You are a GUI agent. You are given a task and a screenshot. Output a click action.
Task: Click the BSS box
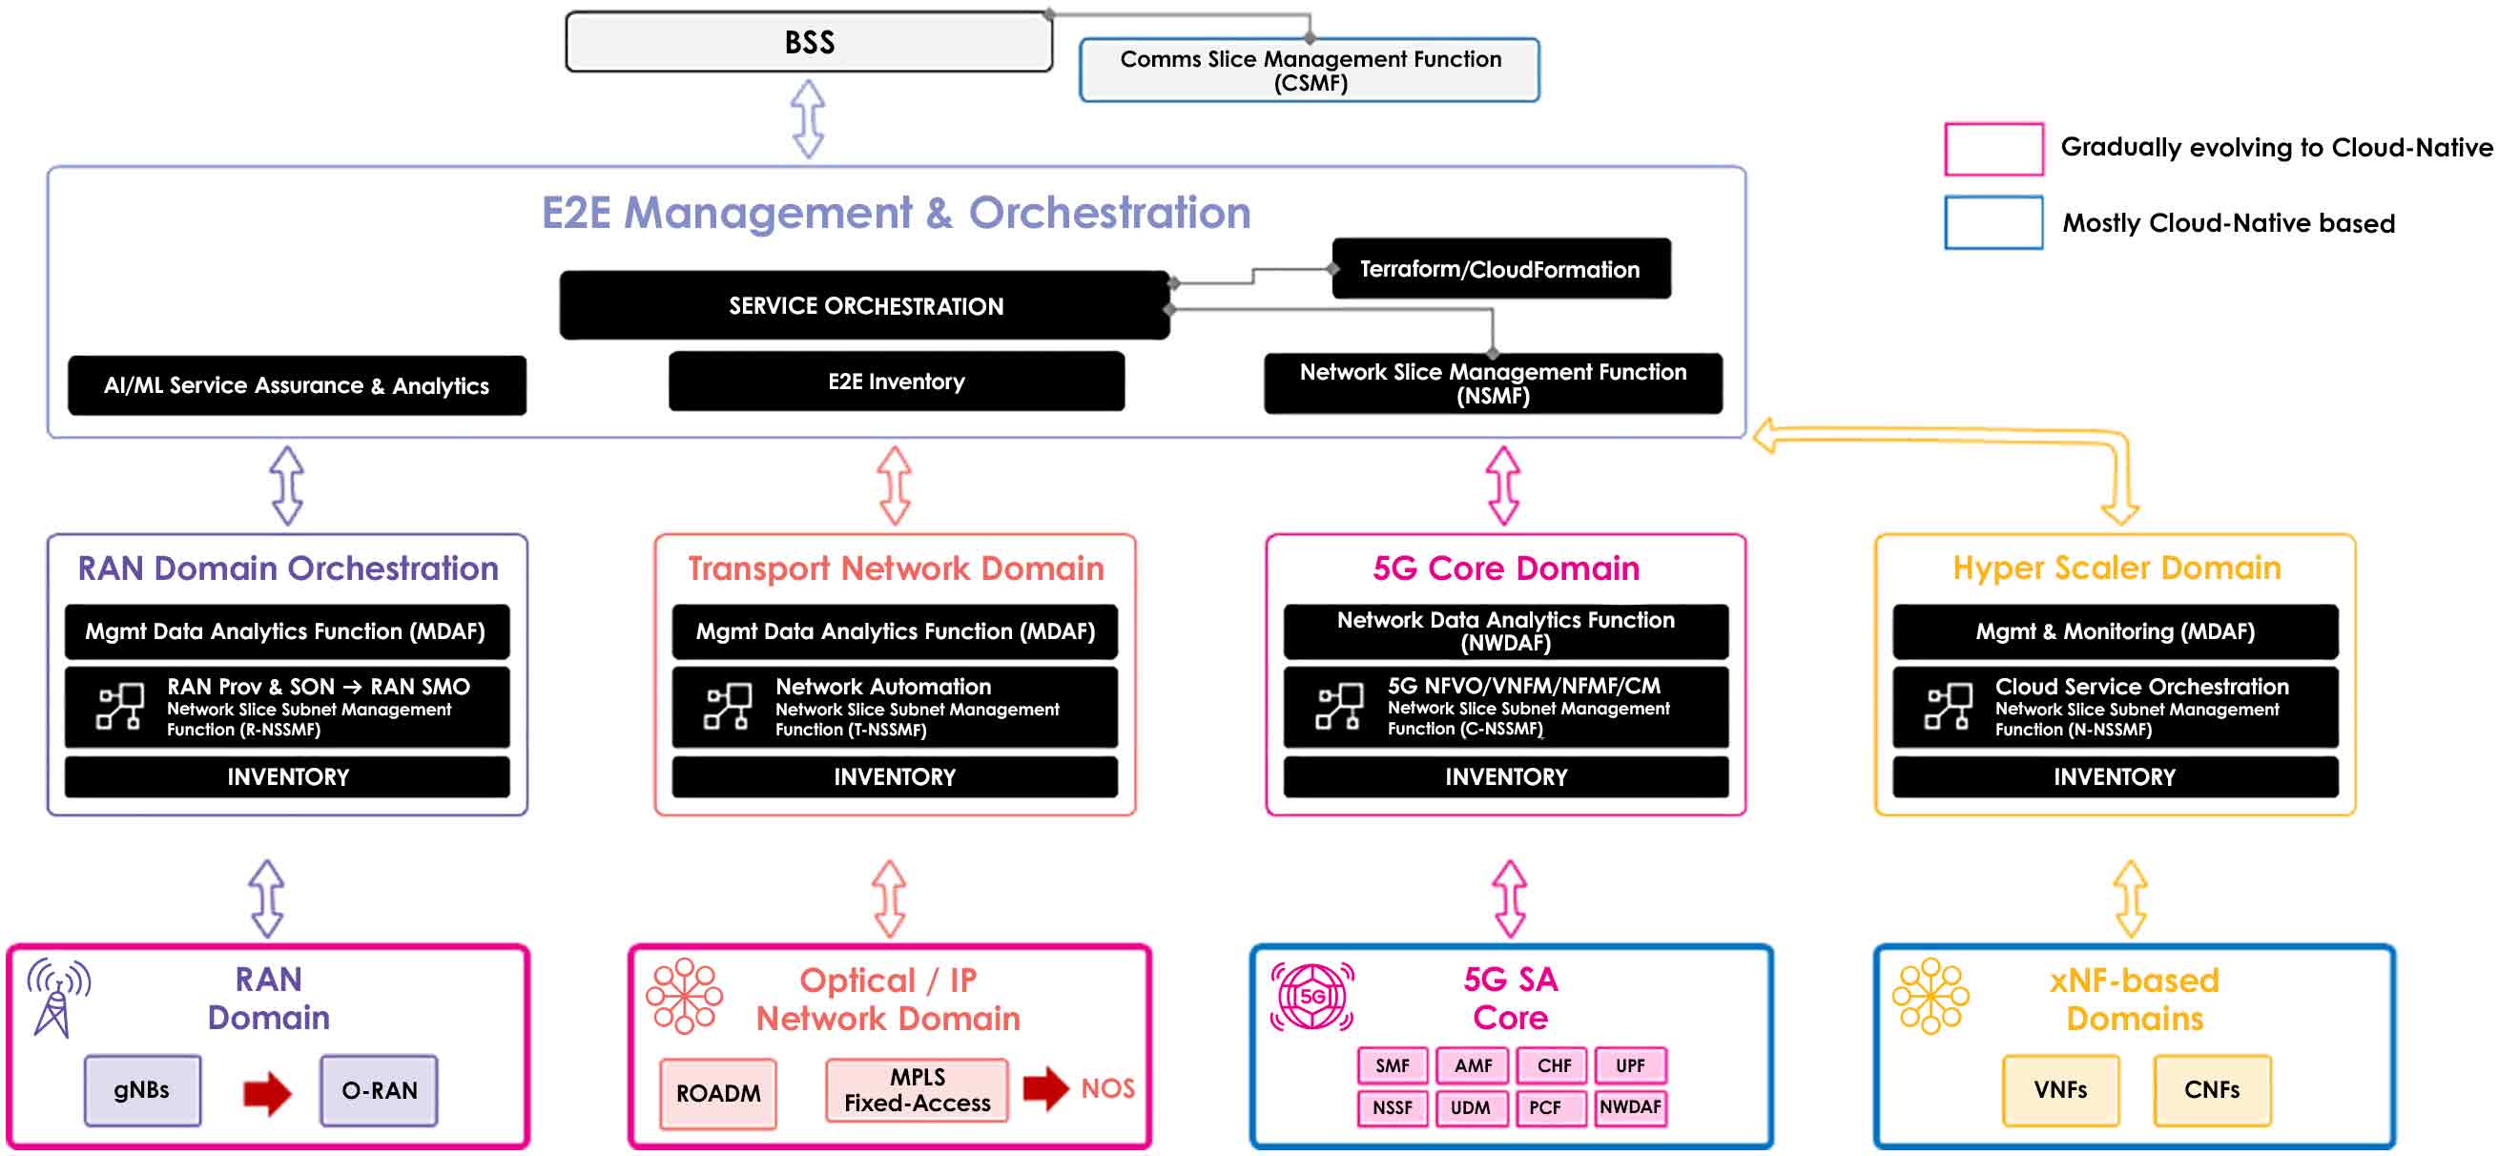pos(809,42)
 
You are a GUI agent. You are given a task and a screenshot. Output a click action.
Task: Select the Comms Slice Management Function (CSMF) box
pos(1310,71)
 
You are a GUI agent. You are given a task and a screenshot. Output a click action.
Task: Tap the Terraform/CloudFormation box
pos(1500,269)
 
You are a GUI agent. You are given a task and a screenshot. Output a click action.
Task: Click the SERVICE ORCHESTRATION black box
pos(864,306)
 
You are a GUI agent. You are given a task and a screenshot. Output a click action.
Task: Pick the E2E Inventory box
pos(896,382)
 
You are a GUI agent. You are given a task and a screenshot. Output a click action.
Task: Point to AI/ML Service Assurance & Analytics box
pos(297,385)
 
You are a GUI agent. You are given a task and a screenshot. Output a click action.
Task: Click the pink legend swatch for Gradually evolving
pos(1992,150)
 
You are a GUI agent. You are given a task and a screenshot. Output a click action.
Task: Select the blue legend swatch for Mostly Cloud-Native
pos(1992,223)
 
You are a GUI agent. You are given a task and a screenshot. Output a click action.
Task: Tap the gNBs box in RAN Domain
pos(142,1090)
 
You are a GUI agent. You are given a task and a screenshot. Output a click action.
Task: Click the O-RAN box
pos(379,1090)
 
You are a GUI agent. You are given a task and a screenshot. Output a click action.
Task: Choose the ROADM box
pos(718,1093)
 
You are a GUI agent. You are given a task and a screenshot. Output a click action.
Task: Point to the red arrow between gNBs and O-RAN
pos(267,1092)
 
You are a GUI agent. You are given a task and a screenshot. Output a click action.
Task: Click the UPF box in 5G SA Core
pos(1630,1065)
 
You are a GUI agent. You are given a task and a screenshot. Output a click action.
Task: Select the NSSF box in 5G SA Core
pos(1392,1108)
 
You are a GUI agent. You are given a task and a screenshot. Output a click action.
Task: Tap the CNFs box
pos(2211,1090)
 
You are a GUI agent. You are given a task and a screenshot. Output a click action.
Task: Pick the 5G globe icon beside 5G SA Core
pos(1311,997)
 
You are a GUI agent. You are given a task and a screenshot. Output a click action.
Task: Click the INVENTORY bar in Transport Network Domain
pos(894,776)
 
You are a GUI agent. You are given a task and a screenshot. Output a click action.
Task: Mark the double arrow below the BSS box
pos(808,118)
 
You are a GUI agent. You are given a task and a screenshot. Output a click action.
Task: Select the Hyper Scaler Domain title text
pos(2116,568)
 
